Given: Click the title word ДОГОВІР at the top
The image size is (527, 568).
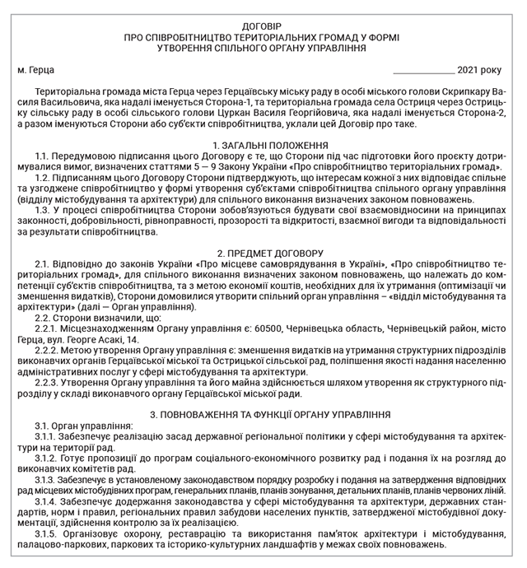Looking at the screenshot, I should [263, 26].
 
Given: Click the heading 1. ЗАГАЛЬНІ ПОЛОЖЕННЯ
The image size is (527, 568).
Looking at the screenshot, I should [263, 145].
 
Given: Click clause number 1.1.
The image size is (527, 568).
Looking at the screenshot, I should [47, 156].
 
